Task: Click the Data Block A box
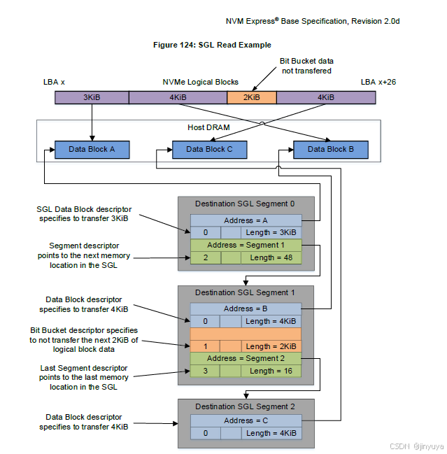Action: [x=92, y=149]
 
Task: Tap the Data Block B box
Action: [x=330, y=149]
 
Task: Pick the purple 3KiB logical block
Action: [x=92, y=97]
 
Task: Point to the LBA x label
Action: [x=54, y=83]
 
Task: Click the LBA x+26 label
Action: [x=378, y=83]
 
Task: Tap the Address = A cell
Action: [x=246, y=220]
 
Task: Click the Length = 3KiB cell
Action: [x=271, y=232]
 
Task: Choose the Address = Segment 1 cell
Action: [x=246, y=245]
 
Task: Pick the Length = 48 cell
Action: [x=271, y=257]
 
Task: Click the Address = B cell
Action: [x=246, y=308]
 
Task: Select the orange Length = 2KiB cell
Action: [x=271, y=346]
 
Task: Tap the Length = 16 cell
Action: [x=271, y=371]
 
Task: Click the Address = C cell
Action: [x=246, y=420]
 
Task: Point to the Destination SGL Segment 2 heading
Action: [x=246, y=406]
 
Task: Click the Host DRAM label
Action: [x=208, y=127]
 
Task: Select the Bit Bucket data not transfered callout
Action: [x=306, y=66]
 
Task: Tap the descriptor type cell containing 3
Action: [x=206, y=371]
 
